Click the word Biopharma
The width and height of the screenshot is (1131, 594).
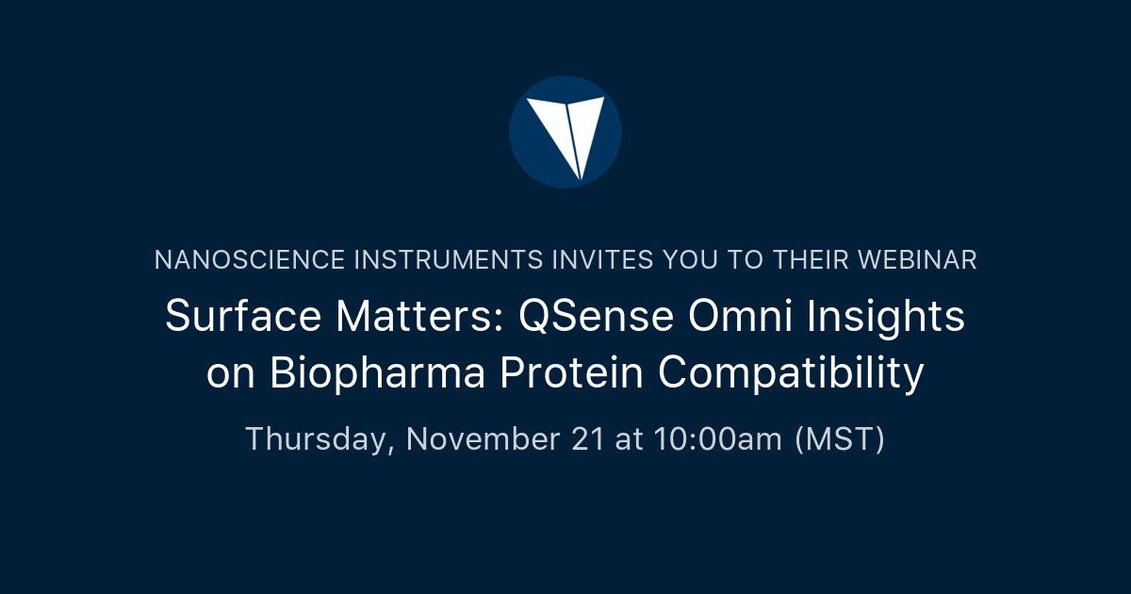coord(377,374)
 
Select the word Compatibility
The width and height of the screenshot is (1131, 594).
coord(791,374)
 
